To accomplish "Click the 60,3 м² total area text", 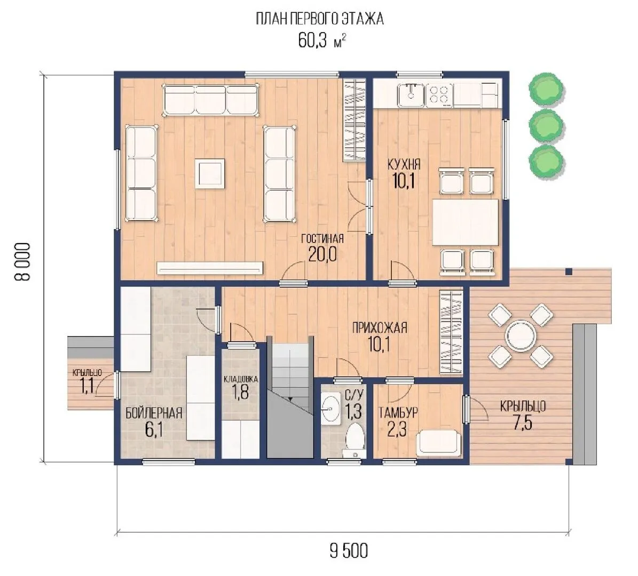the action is [322, 41].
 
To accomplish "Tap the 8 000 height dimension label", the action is [22, 262].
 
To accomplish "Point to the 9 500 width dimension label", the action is [349, 551].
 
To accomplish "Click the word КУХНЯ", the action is [404, 165].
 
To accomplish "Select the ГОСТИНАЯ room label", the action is [322, 238].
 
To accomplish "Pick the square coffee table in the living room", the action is [209, 173].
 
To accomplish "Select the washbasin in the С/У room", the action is [331, 409].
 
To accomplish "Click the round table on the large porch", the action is [521, 335].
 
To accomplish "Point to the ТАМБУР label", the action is [398, 413].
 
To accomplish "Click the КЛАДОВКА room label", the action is [241, 379].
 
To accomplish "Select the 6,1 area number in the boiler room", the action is [154, 430].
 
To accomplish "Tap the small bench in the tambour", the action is [439, 444].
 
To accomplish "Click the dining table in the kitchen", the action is [466, 222].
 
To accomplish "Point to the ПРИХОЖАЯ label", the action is [380, 327].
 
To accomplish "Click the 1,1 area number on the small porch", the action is [87, 386].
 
